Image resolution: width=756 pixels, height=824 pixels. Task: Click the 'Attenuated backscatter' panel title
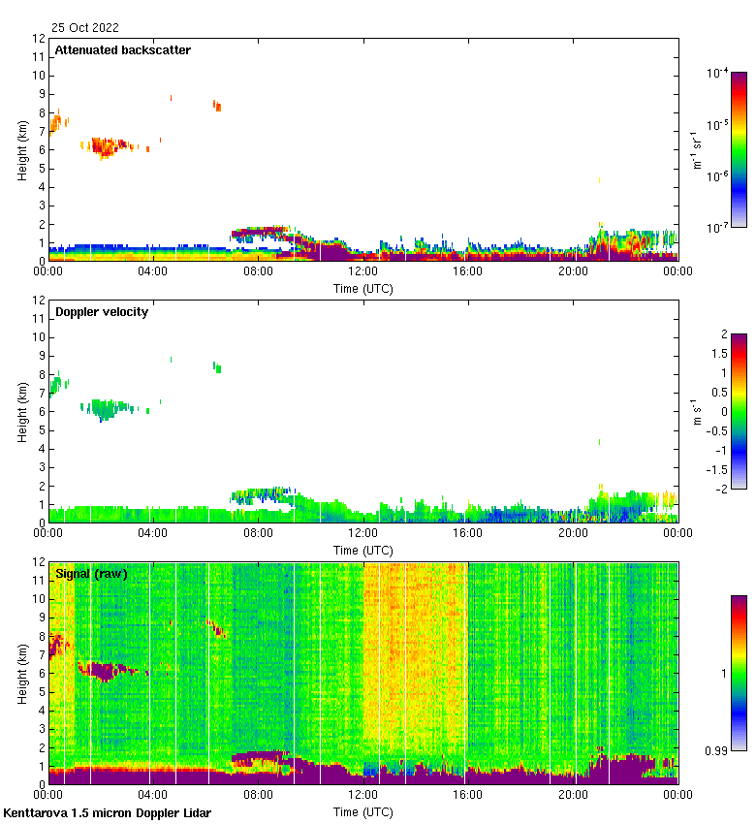click(x=122, y=50)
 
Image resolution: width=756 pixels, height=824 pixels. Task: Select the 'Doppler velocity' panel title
click(x=102, y=312)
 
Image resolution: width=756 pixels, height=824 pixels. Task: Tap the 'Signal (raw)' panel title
click(x=91, y=574)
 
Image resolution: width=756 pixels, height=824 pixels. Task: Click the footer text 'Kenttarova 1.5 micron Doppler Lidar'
click(x=107, y=812)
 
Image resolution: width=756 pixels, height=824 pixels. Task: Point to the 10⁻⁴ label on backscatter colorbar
click(x=718, y=73)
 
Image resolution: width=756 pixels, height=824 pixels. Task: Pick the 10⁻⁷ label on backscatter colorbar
click(x=718, y=227)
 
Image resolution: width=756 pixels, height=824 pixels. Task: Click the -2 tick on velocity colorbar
click(x=720, y=488)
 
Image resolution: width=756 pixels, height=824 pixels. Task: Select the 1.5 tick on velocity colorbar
click(x=722, y=354)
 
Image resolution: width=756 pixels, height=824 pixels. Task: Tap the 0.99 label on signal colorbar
click(x=718, y=749)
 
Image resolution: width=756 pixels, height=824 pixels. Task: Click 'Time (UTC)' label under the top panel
click(x=363, y=288)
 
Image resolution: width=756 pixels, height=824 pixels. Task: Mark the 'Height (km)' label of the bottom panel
click(x=22, y=674)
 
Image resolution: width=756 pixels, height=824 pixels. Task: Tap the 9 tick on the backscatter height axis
click(x=41, y=94)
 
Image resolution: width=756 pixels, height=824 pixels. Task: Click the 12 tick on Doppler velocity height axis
click(x=39, y=301)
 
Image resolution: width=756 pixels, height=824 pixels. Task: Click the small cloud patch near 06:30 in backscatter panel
click(x=217, y=106)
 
